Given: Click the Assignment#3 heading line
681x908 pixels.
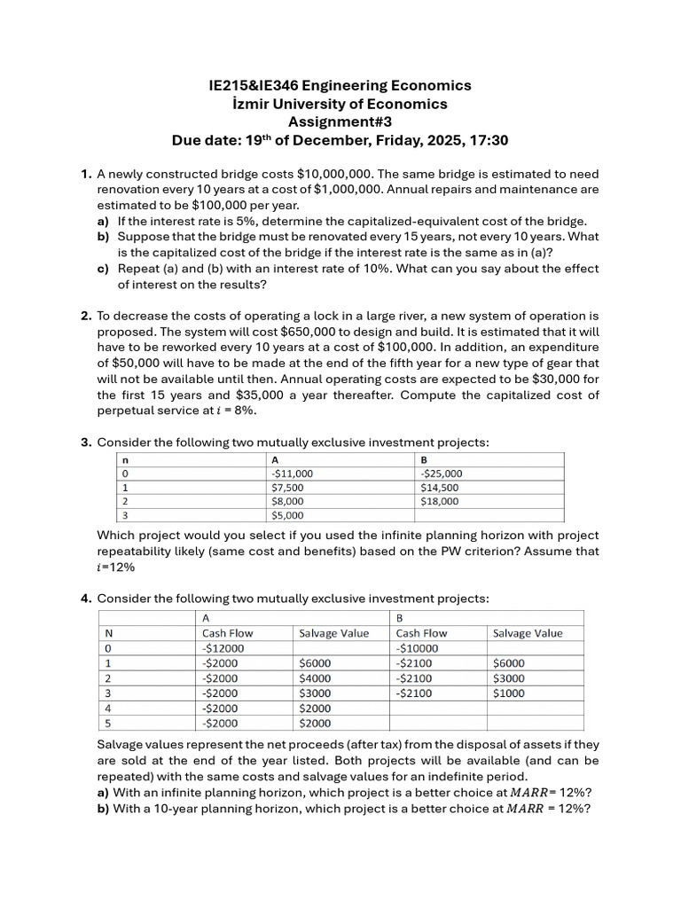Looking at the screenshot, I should point(340,122).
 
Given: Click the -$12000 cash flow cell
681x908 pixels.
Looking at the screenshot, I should point(223,648).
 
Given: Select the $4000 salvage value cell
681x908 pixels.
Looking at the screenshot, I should point(315,678).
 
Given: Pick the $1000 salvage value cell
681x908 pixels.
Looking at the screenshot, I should point(508,693).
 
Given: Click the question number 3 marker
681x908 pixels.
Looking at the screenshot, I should point(86,442).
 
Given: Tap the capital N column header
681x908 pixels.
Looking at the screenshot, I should point(109,633).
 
